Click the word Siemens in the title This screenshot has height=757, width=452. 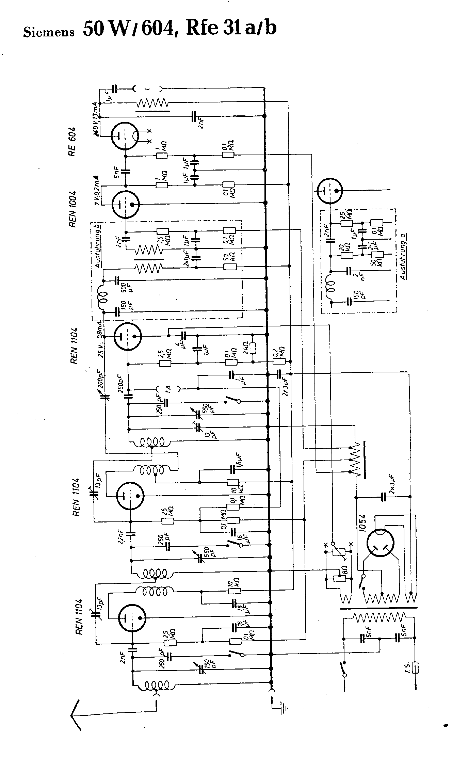49,32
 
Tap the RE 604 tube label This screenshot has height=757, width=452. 72,142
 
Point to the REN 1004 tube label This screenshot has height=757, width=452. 72,205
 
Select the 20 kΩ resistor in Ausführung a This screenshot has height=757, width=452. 346,255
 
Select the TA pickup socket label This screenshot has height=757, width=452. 168,389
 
